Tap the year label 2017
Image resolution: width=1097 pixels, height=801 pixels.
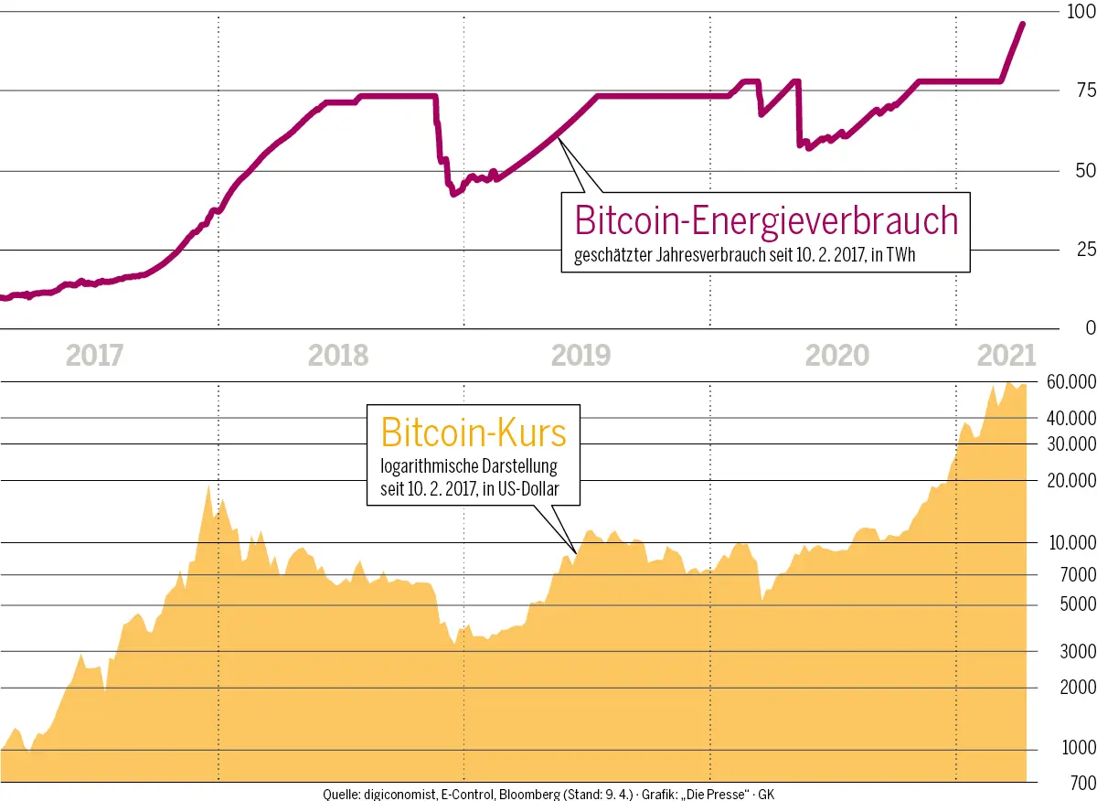tap(95, 355)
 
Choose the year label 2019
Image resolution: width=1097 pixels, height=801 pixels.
tap(581, 355)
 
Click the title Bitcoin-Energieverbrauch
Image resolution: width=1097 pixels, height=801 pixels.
tap(765, 222)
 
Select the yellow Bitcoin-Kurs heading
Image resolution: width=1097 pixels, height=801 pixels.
tap(473, 433)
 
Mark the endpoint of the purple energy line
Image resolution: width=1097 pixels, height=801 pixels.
tap(1022, 24)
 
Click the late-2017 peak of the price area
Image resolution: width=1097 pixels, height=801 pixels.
tap(208, 486)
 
